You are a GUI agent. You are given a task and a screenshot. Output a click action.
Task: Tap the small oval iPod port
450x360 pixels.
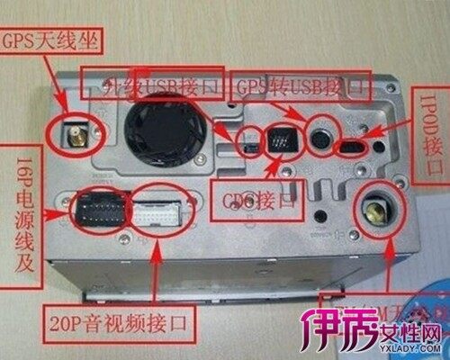coord(350,146)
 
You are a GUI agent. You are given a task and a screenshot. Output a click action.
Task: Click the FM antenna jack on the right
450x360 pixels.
coord(372,213)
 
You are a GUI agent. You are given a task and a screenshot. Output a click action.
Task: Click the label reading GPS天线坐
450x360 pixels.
coord(53,40)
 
